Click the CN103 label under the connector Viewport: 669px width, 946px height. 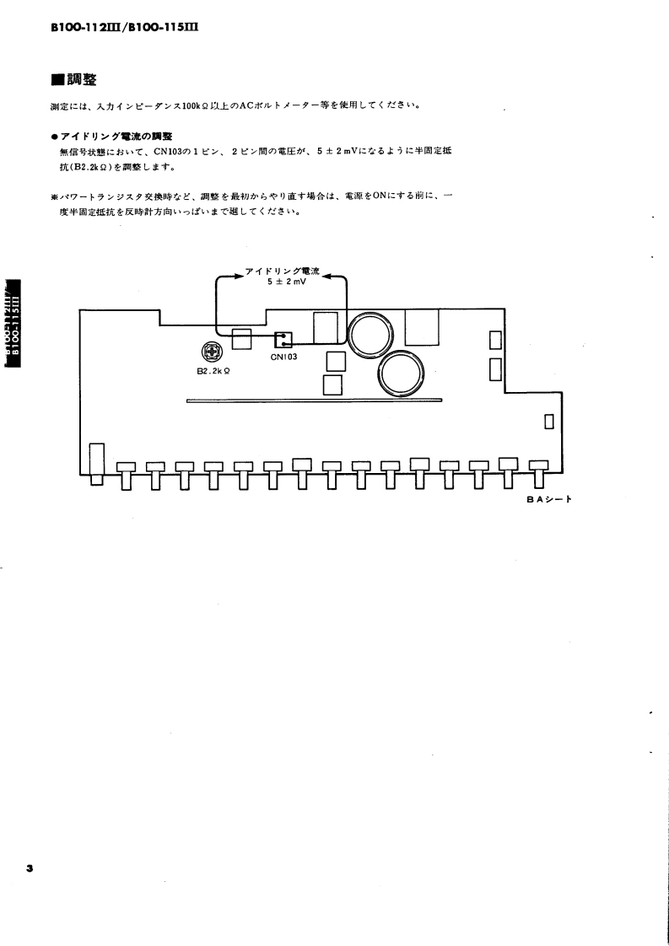click(x=284, y=357)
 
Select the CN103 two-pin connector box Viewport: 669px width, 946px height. click(x=283, y=340)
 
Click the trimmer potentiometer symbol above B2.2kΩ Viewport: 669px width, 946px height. click(x=210, y=354)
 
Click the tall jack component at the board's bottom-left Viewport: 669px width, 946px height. click(x=96, y=464)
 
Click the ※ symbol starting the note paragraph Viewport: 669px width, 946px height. click(x=54, y=196)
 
